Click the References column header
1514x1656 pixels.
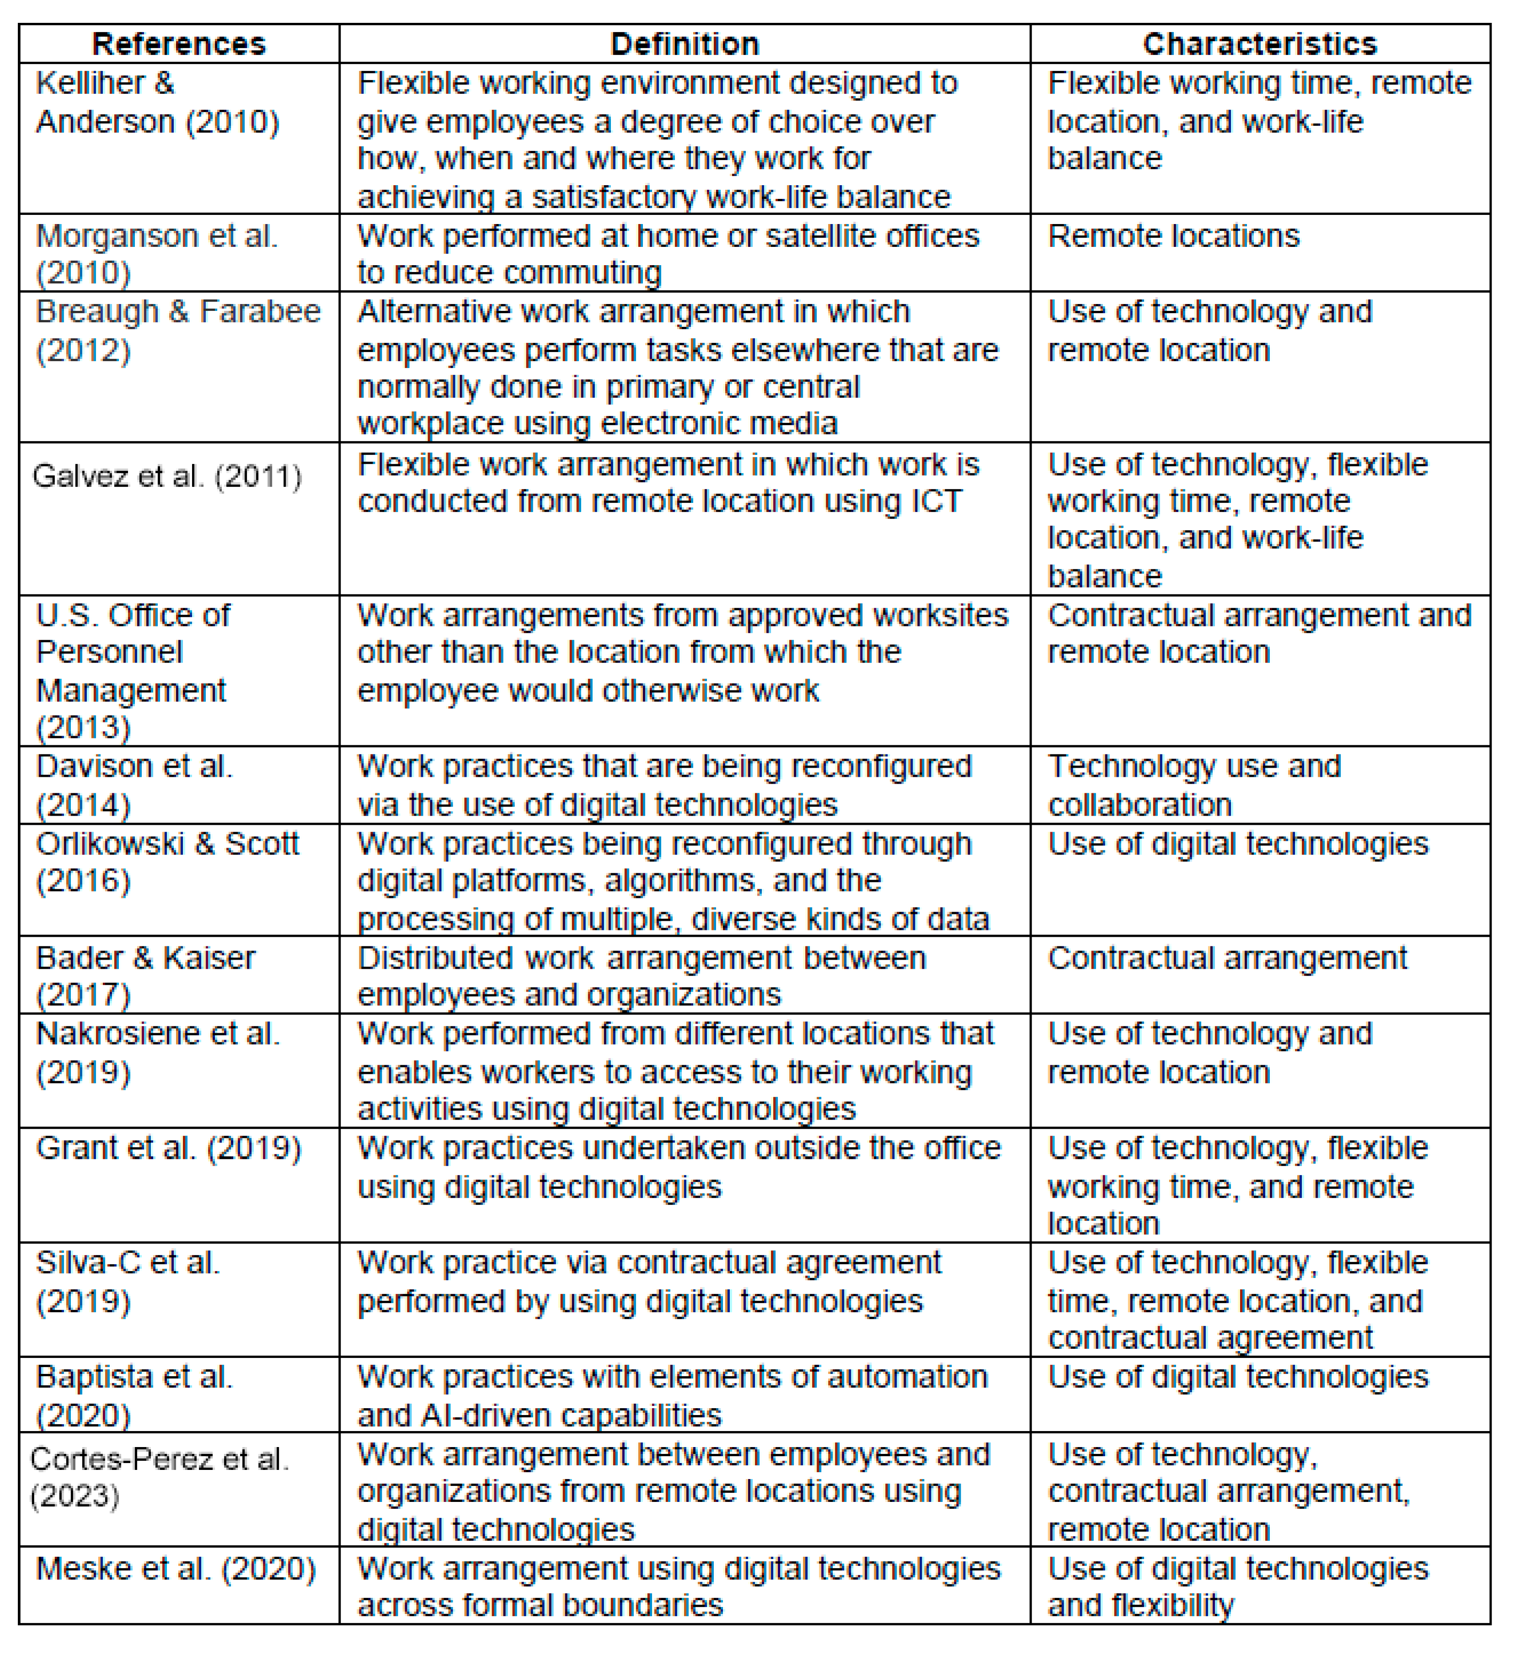click(x=179, y=43)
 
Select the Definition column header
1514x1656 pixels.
click(x=685, y=43)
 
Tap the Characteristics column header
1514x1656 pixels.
click(x=1259, y=43)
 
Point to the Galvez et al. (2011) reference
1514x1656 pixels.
click(x=167, y=476)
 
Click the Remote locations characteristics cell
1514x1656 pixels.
click(x=1173, y=236)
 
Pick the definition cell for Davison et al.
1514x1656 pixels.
click(x=664, y=785)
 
